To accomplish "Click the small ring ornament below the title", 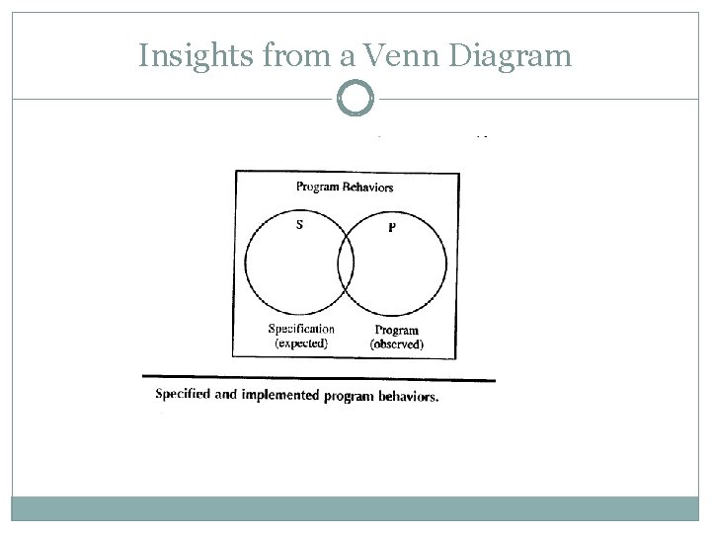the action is pyautogui.click(x=355, y=99).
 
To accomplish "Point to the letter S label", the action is pyautogui.click(x=299, y=223).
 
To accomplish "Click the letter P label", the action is pyautogui.click(x=392, y=228).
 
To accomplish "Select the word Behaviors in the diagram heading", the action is pyautogui.click(x=370, y=187).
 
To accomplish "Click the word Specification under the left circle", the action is pyautogui.click(x=301, y=329).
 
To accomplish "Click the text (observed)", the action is pyautogui.click(x=397, y=344).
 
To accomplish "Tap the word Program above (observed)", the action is pyautogui.click(x=397, y=331).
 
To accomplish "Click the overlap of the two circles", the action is pyautogui.click(x=346, y=265).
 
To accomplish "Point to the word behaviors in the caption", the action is pyautogui.click(x=406, y=397).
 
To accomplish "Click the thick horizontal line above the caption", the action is pyautogui.click(x=318, y=377).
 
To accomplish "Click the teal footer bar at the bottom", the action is pyautogui.click(x=355, y=507).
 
